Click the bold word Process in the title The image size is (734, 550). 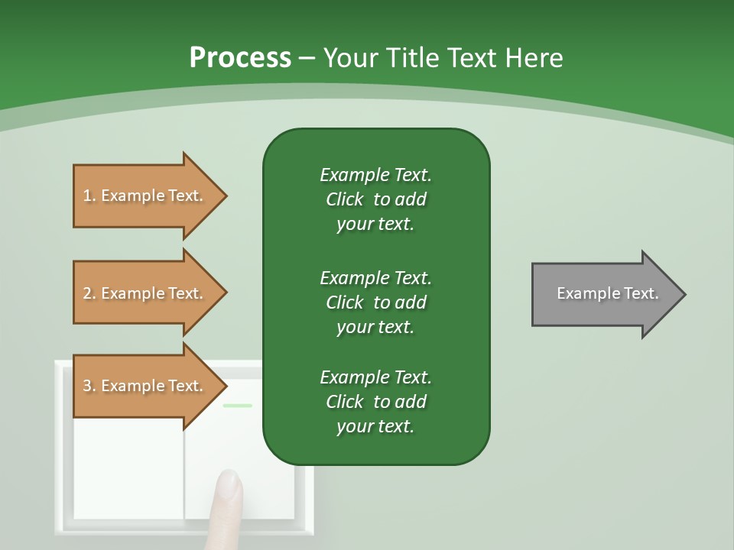pyautogui.click(x=240, y=58)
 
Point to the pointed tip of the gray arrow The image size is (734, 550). pyautogui.click(x=683, y=294)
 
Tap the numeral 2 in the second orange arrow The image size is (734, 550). pyautogui.click(x=87, y=293)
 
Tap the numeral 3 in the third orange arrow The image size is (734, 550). pyautogui.click(x=87, y=386)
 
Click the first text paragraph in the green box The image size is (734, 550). pyautogui.click(x=375, y=199)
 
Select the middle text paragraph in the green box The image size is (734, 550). pyautogui.click(x=375, y=302)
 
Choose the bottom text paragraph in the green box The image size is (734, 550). pyautogui.click(x=375, y=402)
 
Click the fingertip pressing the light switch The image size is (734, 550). pyautogui.click(x=229, y=483)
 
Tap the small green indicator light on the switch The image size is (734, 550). pyautogui.click(x=237, y=406)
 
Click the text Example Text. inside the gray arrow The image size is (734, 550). pyautogui.click(x=607, y=293)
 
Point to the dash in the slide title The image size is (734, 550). pyautogui.click(x=307, y=59)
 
